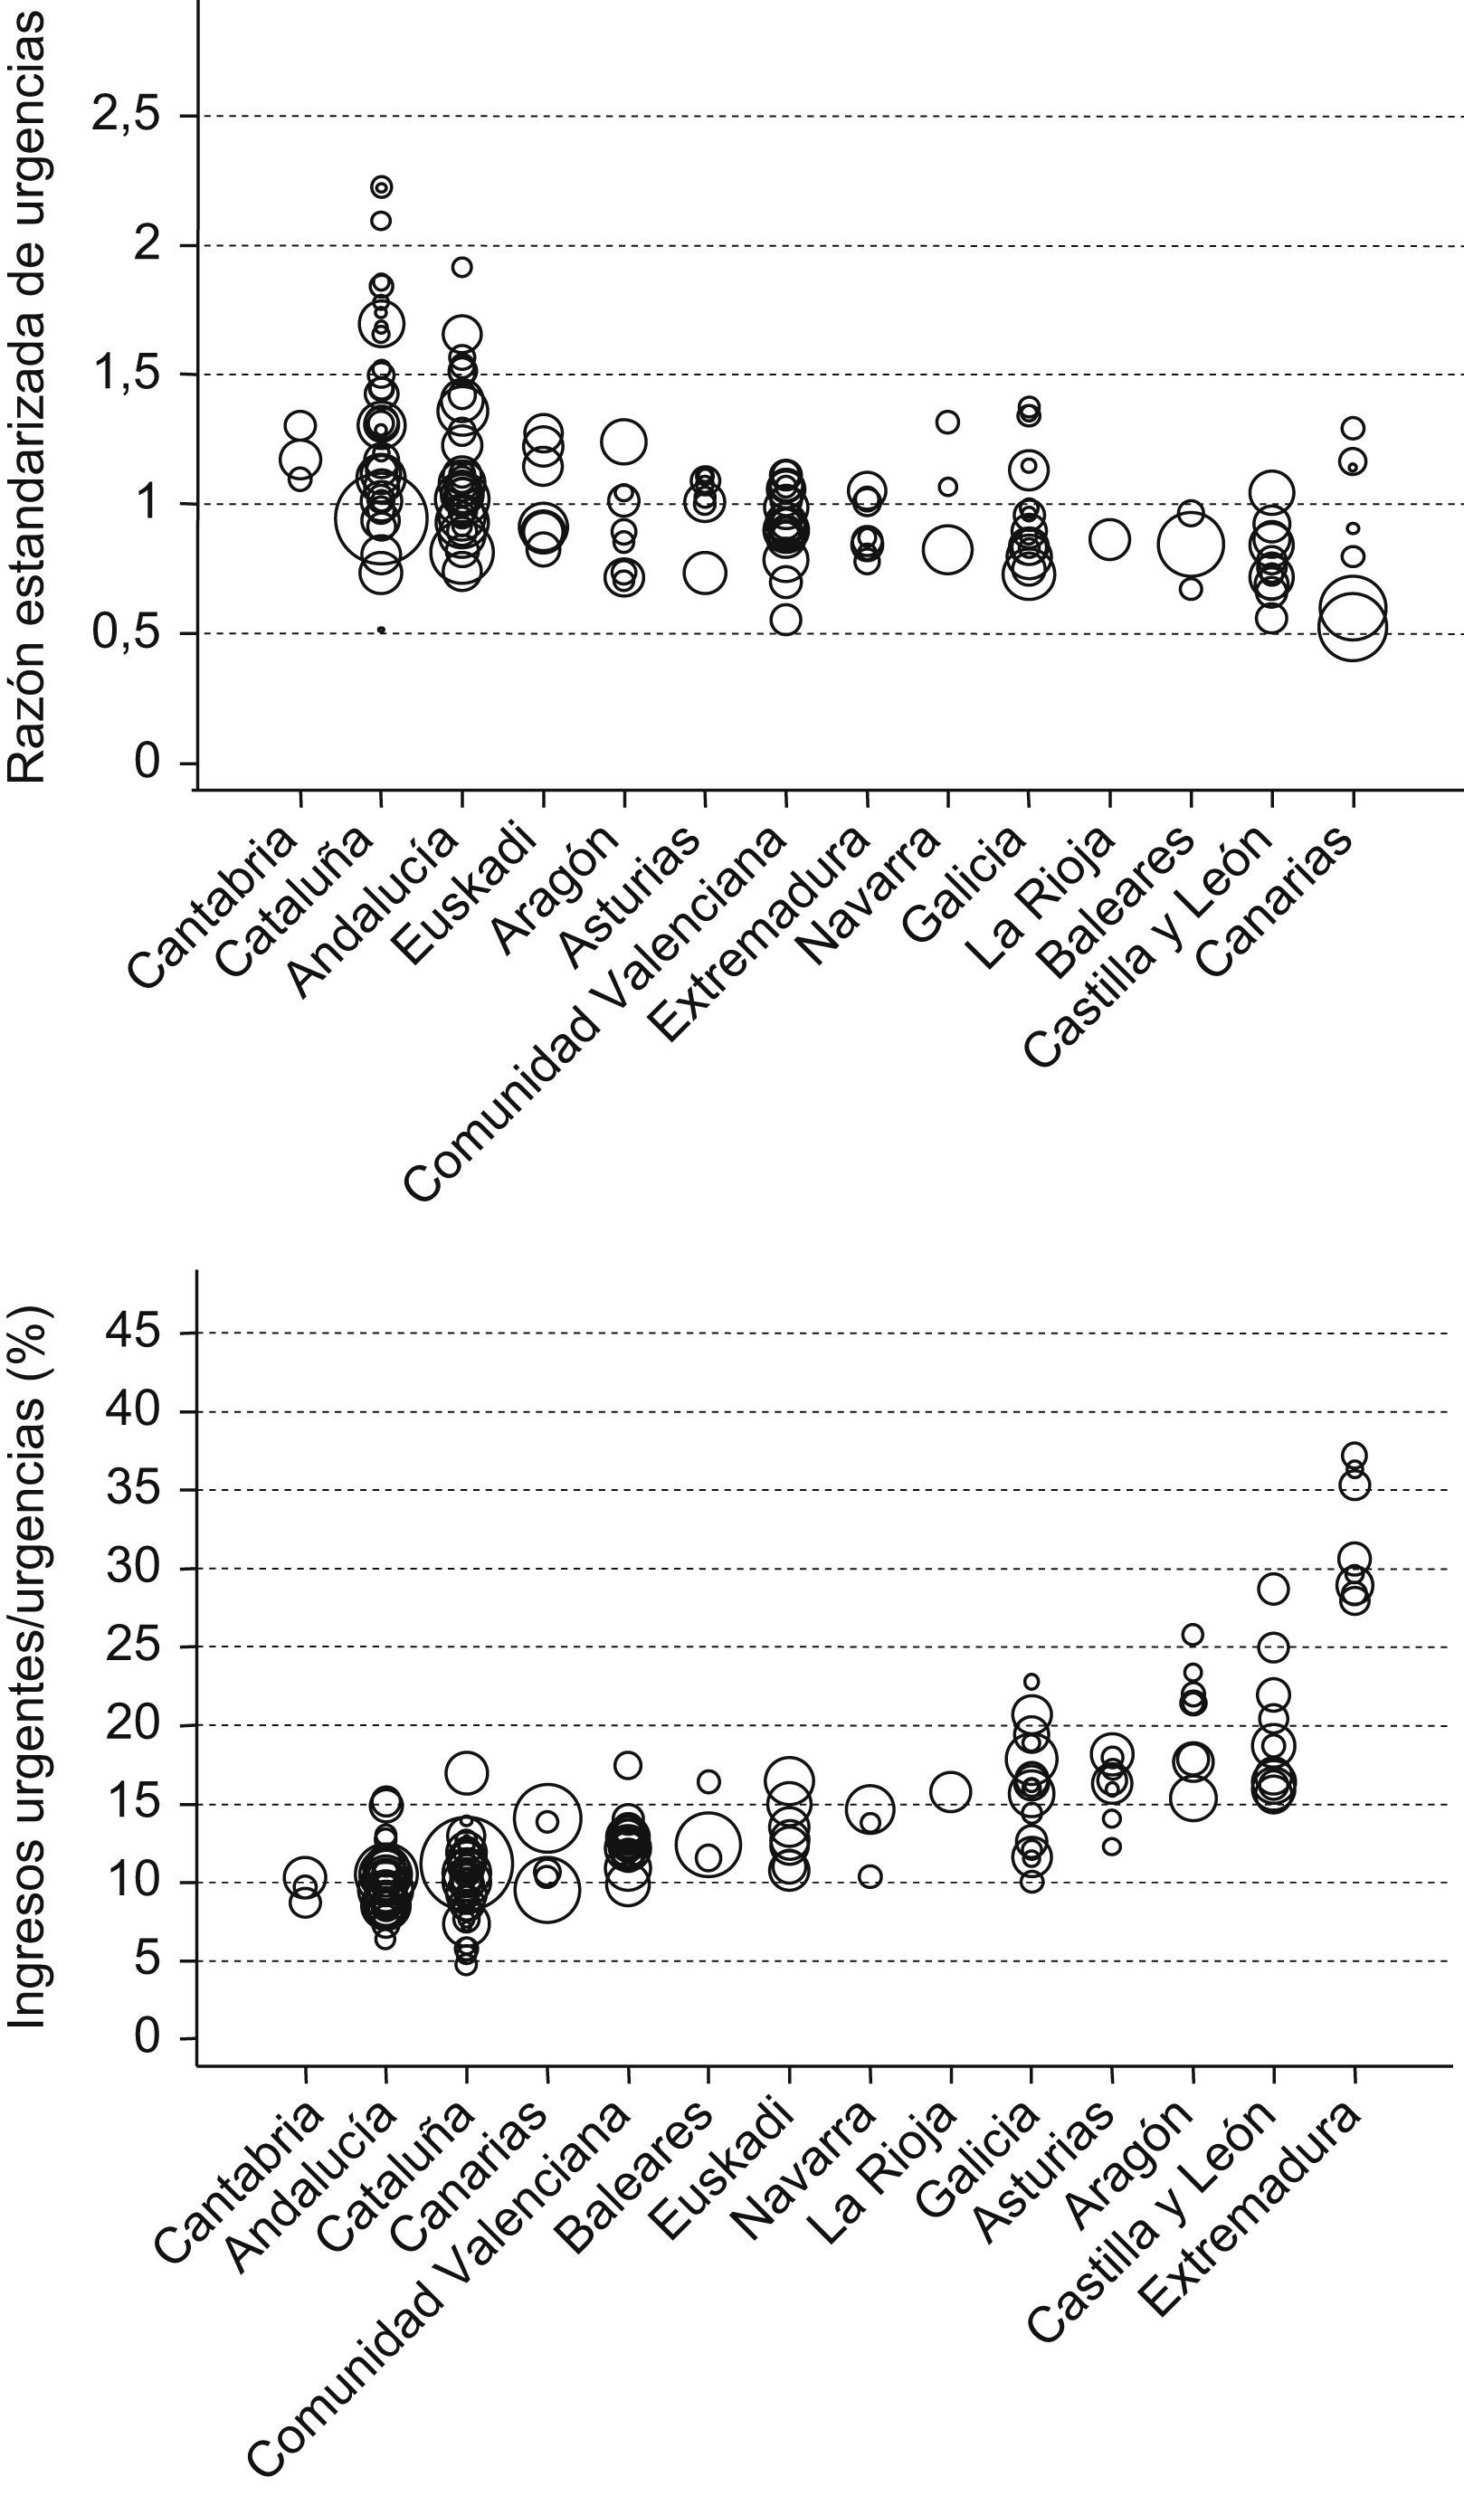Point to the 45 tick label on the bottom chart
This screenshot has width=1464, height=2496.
tap(135, 1333)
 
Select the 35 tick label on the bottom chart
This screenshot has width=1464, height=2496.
tap(135, 1490)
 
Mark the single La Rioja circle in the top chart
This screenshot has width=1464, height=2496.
tap(1109, 540)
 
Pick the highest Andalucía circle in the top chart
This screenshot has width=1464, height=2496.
tap(461, 267)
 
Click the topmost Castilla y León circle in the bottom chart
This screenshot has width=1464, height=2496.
tap(1273, 1589)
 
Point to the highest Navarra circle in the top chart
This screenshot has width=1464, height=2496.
tap(948, 422)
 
